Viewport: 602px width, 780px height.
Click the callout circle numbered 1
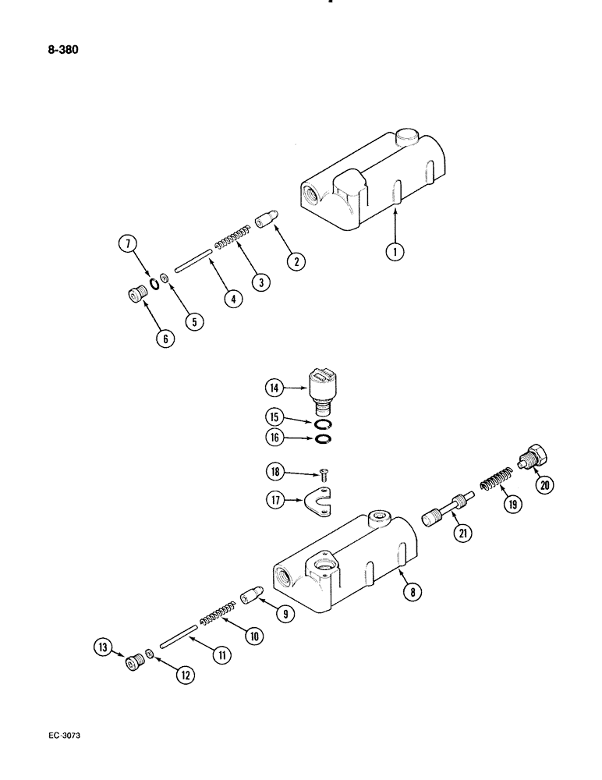click(396, 251)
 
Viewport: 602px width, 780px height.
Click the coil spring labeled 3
click(233, 236)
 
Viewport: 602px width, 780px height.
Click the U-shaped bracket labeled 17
click(318, 501)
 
